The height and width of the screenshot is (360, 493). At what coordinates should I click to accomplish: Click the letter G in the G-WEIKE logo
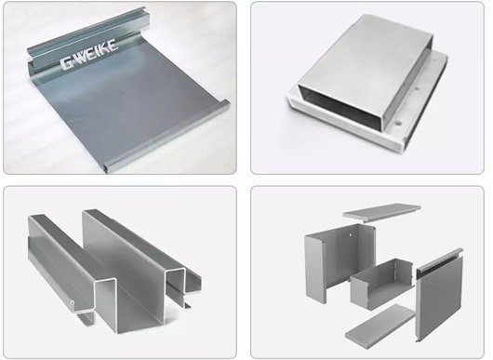tap(67, 63)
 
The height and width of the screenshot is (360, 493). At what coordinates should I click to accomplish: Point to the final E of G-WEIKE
tap(113, 45)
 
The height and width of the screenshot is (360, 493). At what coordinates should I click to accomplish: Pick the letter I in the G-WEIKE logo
tap(99, 50)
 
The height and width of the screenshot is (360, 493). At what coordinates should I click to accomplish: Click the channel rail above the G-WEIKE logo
tap(88, 39)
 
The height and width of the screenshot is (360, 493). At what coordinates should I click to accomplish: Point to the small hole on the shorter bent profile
tap(72, 303)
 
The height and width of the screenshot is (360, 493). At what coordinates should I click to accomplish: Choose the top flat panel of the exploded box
tap(381, 212)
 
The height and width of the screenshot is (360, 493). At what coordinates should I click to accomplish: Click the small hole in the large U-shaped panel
tap(351, 233)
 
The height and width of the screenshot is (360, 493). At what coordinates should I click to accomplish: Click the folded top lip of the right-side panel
tap(440, 261)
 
